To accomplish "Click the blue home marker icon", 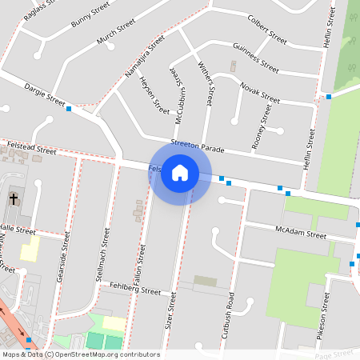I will [x=180, y=173].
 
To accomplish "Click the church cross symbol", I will [x=14, y=198].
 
